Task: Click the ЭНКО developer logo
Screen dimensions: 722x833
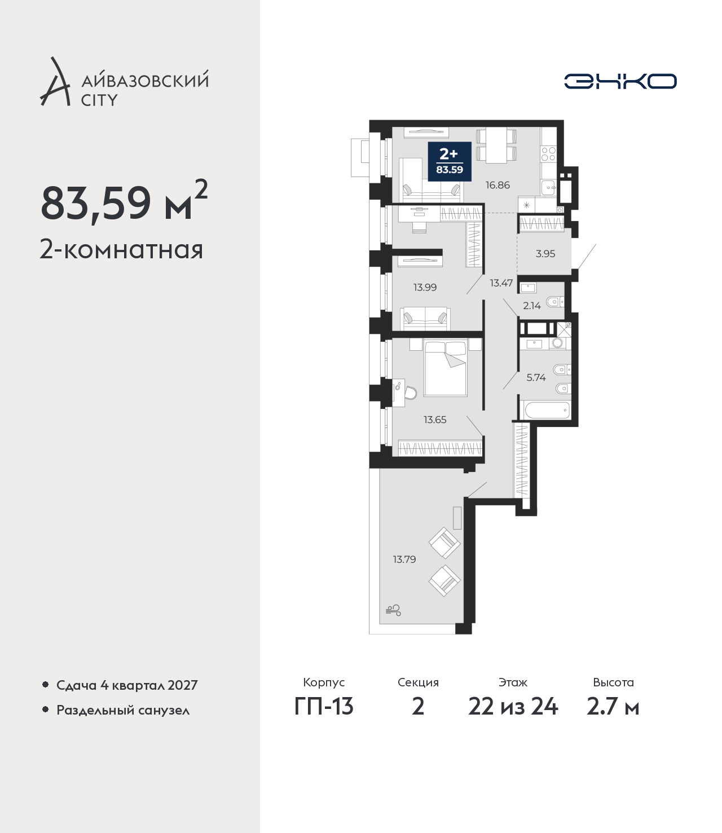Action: [620, 81]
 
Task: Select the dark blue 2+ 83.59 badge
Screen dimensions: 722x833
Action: [450, 161]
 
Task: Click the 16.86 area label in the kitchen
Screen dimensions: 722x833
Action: [498, 185]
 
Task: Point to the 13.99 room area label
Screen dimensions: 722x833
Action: [425, 287]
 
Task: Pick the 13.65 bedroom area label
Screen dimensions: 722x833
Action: [435, 420]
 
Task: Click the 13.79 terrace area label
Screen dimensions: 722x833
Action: [404, 559]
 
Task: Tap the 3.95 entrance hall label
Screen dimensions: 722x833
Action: [545, 253]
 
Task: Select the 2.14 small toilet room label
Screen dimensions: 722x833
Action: [532, 306]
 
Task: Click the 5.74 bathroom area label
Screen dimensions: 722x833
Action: [536, 377]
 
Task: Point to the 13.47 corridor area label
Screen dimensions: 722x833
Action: [501, 283]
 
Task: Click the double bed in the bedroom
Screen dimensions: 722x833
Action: [445, 368]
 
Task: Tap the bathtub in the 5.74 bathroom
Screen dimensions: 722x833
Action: [547, 410]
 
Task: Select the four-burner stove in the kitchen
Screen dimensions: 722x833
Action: [548, 154]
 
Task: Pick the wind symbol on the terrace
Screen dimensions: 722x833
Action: [393, 610]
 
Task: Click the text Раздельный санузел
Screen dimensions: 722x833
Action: [123, 710]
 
